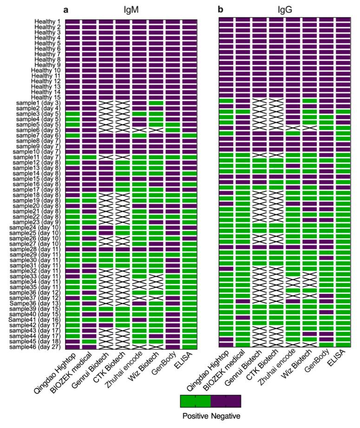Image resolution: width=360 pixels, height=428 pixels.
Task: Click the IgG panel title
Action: [x=285, y=9]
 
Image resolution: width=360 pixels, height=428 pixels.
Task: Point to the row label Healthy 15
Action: [x=46, y=97]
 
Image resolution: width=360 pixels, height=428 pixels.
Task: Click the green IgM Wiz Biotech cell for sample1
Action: [x=157, y=103]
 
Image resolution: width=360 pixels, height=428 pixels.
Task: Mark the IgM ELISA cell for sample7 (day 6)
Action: [x=190, y=136]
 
